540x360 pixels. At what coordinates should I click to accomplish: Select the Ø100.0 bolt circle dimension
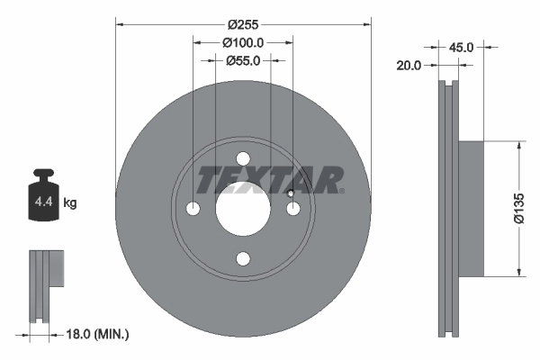[243, 41]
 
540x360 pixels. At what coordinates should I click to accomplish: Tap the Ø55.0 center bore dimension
[243, 60]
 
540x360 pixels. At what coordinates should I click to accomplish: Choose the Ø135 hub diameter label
[519, 207]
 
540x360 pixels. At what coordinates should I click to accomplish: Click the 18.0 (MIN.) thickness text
[99, 334]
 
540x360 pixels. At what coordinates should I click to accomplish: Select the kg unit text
[70, 203]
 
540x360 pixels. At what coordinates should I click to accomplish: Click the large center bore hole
[243, 209]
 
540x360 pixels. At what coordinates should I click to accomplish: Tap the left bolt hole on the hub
[193, 209]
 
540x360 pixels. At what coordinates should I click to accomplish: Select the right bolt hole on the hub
[292, 209]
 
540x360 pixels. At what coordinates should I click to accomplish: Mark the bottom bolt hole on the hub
[243, 258]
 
